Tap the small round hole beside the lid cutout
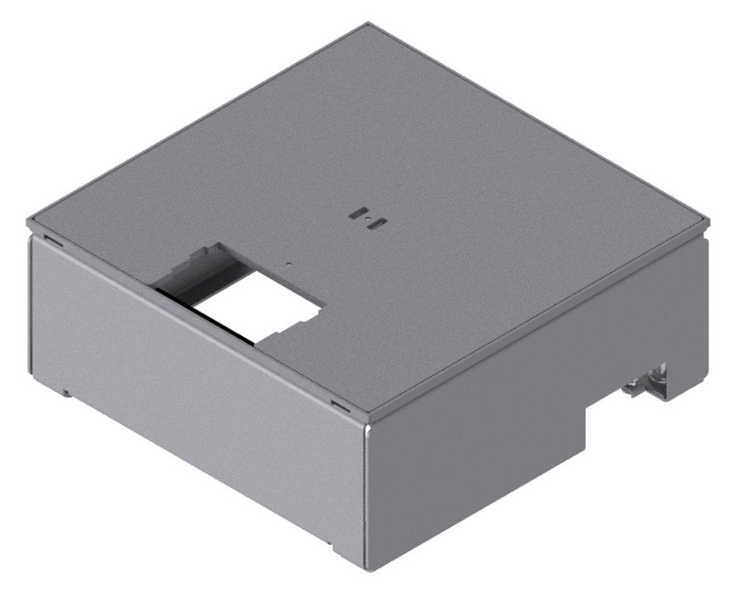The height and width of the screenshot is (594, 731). click(290, 266)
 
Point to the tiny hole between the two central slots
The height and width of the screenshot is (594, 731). click(369, 219)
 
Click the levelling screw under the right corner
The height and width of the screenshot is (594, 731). click(654, 376)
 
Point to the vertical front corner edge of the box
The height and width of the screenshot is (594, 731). click(365, 493)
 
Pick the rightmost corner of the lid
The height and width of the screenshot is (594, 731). click(707, 219)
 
